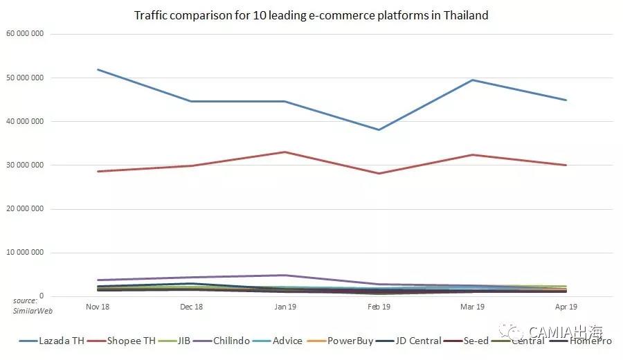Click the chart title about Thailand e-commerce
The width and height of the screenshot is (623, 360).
point(311,15)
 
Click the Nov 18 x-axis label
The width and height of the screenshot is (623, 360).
point(97,305)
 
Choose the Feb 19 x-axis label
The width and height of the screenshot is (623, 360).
point(379,305)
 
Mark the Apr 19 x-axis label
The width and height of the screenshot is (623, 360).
point(566,305)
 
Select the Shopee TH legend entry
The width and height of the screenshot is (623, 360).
point(132,341)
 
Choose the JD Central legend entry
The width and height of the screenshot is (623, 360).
point(415,341)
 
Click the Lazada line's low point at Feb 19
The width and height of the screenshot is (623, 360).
point(379,129)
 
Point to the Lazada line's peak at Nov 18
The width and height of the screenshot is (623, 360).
point(98,69)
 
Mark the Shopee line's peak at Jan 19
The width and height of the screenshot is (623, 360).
point(285,152)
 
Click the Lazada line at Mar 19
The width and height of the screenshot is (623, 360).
point(473,80)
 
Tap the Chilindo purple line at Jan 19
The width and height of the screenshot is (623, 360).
point(285,275)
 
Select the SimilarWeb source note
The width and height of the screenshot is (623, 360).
point(26,305)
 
